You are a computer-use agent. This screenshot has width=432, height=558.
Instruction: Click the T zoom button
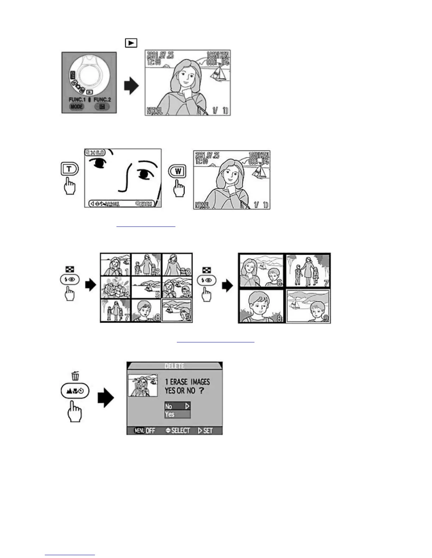pos(69,169)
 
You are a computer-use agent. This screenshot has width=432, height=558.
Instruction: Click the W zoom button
pos(178,171)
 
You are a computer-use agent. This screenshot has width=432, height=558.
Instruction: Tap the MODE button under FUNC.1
pos(77,106)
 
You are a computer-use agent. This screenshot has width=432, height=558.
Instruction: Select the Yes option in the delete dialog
pos(177,414)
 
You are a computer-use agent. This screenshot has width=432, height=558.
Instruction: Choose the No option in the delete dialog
pos(177,406)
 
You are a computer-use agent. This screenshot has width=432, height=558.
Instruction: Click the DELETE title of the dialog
pos(174,366)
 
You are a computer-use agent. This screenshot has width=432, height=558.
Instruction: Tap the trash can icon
pos(75,376)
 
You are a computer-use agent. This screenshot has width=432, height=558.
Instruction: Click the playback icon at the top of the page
pos(131,43)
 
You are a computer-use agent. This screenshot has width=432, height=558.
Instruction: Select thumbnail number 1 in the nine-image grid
pos(116,265)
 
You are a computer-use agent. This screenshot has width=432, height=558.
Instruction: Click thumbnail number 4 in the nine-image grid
pos(116,287)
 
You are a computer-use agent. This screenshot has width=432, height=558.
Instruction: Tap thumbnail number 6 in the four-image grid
pos(261,271)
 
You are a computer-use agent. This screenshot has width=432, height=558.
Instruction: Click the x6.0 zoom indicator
pos(95,153)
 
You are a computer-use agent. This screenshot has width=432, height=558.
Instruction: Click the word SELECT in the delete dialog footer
pos(178,430)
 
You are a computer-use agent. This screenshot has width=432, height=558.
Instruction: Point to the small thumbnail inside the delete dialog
pos(143,385)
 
